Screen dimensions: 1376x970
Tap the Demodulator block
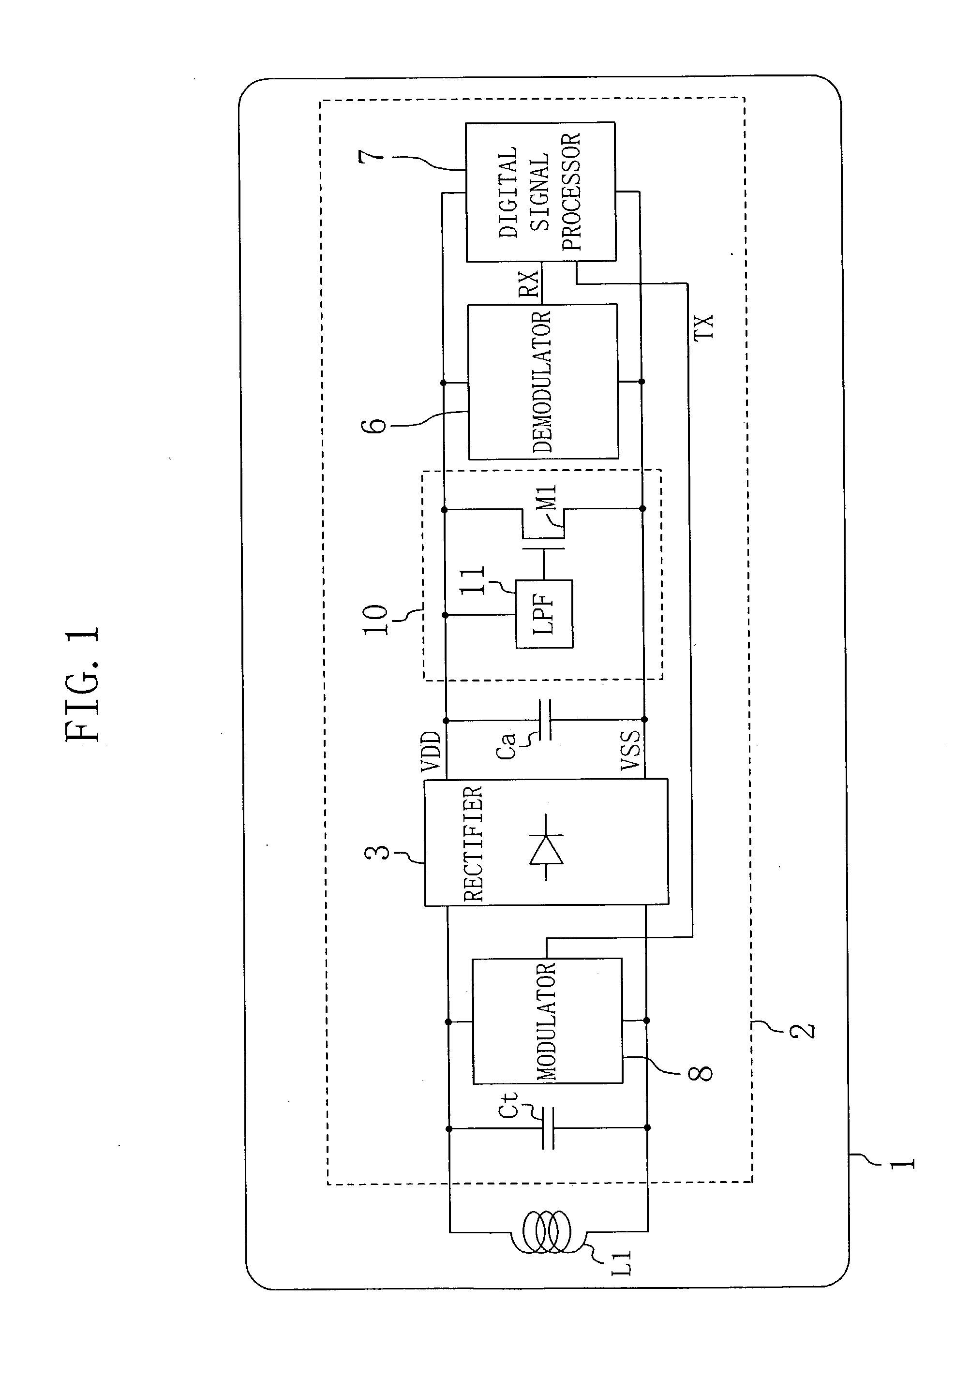pyautogui.click(x=542, y=382)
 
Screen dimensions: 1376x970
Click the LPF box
pyautogui.click(x=544, y=614)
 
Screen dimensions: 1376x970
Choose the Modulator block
pyautogui.click(x=547, y=1021)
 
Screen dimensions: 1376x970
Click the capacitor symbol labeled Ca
pyautogui.click(x=545, y=719)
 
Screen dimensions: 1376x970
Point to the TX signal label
pyautogui.click(x=704, y=326)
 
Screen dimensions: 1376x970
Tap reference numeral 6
pyautogui.click(x=376, y=425)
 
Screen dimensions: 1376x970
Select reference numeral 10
pyautogui.click(x=376, y=620)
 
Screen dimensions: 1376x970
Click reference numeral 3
pyautogui.click(x=377, y=852)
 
